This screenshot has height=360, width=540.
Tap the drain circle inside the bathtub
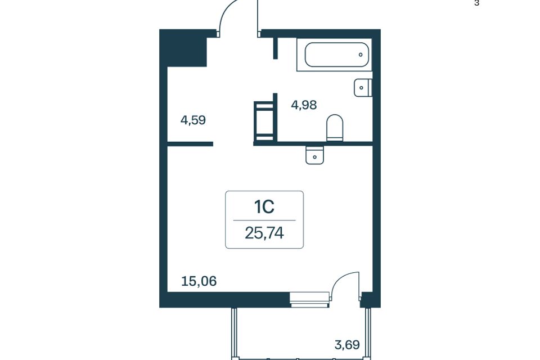pos(361,55)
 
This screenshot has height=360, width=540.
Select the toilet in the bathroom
pos(335,128)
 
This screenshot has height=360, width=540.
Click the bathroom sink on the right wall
pos(363,88)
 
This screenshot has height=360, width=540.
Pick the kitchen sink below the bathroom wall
pos(315,155)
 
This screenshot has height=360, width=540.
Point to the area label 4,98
pos(304,105)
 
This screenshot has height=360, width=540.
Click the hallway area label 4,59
pos(193,120)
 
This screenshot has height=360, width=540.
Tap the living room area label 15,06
pos(199,281)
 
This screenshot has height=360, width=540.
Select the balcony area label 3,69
pos(347,344)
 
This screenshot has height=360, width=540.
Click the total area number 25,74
pos(264,233)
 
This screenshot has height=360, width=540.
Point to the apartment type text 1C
pos(264,206)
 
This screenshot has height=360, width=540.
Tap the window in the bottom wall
pos(309,299)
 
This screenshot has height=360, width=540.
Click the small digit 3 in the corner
pos(476,3)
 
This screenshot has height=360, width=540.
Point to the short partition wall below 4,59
pos(190,144)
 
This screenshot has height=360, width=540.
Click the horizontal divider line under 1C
pos(264,220)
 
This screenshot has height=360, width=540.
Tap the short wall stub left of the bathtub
pos(275,48)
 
